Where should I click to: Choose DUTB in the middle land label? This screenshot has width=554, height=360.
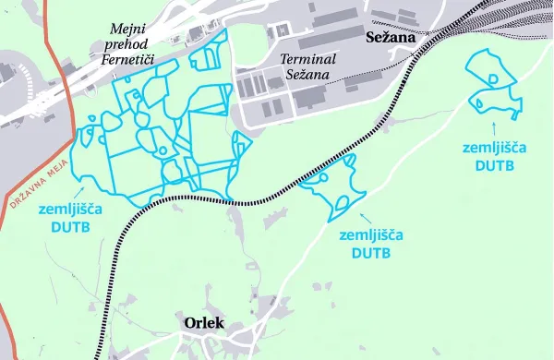point(367,252)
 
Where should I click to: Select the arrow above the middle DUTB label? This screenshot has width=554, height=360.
point(366,218)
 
